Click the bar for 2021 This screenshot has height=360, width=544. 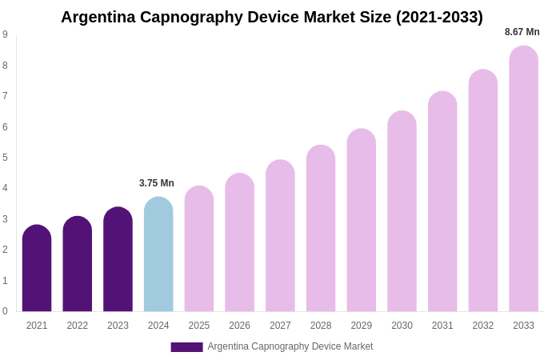(x=37, y=269)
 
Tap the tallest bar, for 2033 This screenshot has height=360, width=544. (x=523, y=179)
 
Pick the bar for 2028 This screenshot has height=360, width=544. (x=321, y=229)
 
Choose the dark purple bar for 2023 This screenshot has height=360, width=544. (x=118, y=260)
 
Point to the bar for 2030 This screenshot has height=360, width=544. (x=402, y=212)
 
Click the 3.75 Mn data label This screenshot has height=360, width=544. (x=157, y=183)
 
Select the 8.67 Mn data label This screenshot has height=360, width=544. (x=522, y=32)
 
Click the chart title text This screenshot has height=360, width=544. (x=272, y=17)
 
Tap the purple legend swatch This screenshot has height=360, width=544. (x=186, y=346)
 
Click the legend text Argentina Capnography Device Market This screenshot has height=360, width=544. (x=290, y=346)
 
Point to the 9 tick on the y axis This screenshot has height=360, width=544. (x=5, y=34)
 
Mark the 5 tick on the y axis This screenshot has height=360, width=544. (x=5, y=158)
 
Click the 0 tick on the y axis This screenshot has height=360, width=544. (x=5, y=311)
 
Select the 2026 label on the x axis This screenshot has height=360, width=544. (x=239, y=326)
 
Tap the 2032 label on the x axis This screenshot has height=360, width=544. (x=482, y=326)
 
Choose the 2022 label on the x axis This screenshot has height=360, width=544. (x=78, y=326)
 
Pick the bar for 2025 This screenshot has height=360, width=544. (x=199, y=249)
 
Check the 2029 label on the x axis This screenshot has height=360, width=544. (x=361, y=326)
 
